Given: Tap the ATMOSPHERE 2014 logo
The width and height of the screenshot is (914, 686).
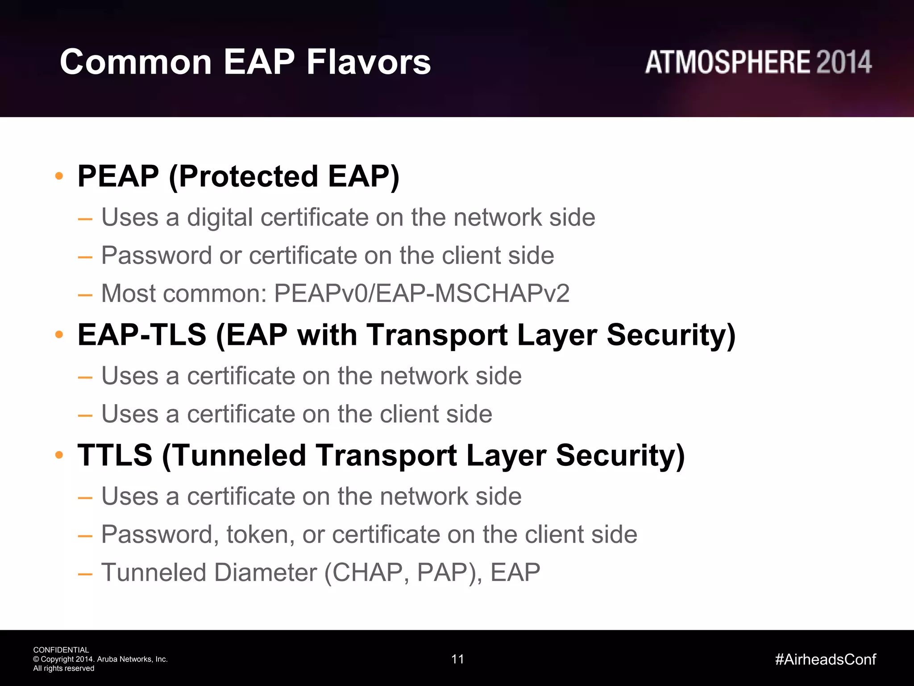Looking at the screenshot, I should [758, 62].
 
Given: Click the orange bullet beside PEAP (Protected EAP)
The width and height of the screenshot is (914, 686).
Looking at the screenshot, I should [59, 176].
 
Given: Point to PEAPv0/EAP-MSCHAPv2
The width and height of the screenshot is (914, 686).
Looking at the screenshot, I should [421, 293].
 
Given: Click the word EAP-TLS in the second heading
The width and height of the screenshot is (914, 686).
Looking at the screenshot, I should [141, 335].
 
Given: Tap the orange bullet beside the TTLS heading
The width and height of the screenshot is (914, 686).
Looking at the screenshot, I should [59, 455].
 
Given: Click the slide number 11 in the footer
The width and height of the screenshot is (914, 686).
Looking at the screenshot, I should [457, 659].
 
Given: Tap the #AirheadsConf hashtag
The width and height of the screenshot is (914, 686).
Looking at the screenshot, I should [825, 659].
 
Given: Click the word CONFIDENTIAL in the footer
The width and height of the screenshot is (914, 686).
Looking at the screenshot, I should [61, 650].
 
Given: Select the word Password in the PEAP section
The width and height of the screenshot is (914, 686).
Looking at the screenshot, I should [156, 255].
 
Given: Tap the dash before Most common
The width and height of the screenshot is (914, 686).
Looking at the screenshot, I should [85, 295].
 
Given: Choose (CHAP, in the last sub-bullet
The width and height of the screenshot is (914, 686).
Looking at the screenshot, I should [366, 573].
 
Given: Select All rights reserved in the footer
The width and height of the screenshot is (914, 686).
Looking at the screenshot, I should [63, 669].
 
